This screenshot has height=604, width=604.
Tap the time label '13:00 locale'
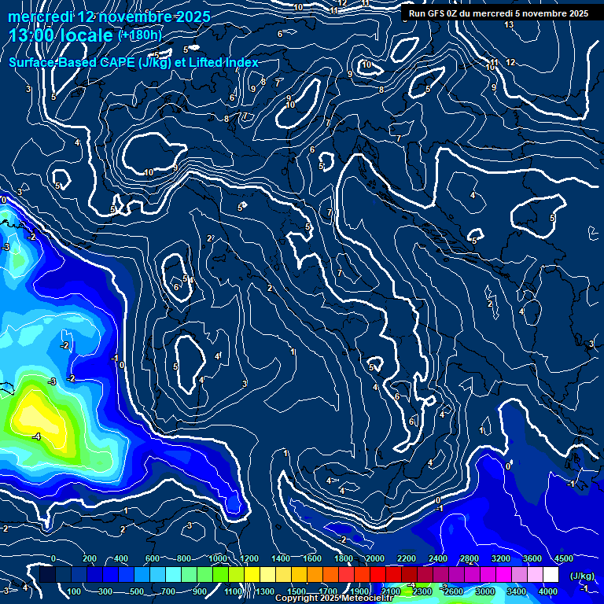[61, 35]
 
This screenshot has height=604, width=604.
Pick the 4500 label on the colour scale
[563, 559]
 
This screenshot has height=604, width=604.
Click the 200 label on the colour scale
[90, 559]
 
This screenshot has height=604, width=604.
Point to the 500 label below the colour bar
[137, 591]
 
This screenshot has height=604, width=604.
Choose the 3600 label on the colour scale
[532, 559]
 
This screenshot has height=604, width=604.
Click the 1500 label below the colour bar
[296, 591]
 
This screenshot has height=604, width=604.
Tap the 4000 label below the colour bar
[548, 591]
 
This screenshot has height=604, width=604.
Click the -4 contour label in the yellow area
[36, 436]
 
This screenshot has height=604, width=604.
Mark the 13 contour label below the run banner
[509, 25]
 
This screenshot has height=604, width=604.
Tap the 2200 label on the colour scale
[406, 559]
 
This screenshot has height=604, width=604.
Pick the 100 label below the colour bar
[74, 591]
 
